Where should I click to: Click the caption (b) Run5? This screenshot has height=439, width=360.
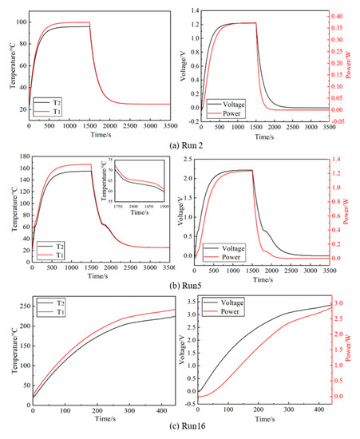click(x=179, y=285)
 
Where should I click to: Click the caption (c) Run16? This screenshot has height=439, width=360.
click(x=180, y=432)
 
